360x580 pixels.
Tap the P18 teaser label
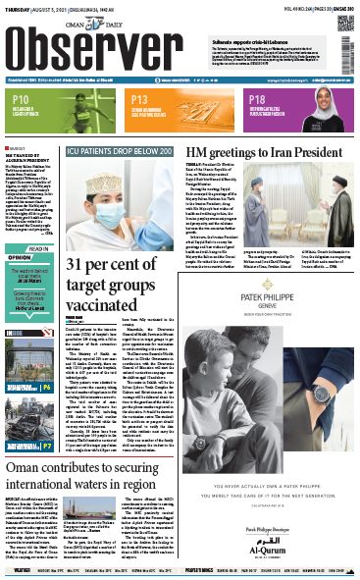pyautogui.click(x=258, y=99)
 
